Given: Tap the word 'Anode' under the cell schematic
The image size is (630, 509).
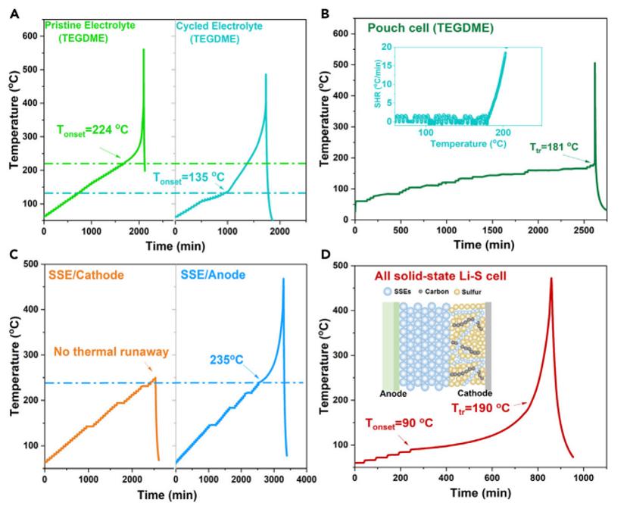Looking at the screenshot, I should coord(392,395).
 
